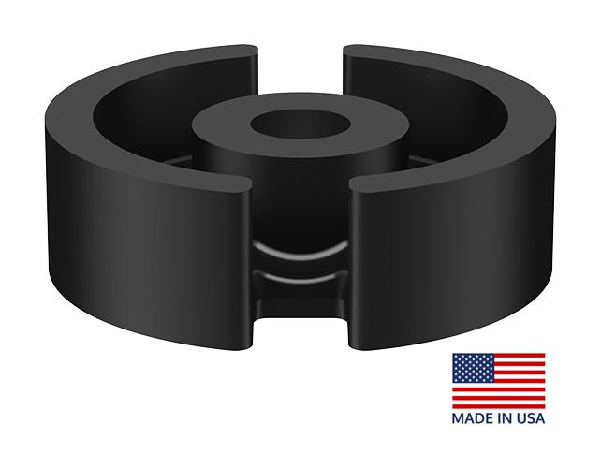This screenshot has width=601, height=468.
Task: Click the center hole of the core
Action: pyautogui.click(x=299, y=124)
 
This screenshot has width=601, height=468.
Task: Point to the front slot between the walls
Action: pyautogui.click(x=300, y=281)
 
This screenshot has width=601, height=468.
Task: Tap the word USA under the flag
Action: pyautogui.click(x=531, y=418)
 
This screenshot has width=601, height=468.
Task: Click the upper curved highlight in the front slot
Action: pyautogui.click(x=299, y=251)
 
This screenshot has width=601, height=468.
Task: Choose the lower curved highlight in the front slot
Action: pyautogui.click(x=299, y=278)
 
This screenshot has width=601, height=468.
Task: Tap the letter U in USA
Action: pyautogui.click(x=521, y=418)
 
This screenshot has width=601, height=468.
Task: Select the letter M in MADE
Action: pyautogui.click(x=459, y=418)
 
